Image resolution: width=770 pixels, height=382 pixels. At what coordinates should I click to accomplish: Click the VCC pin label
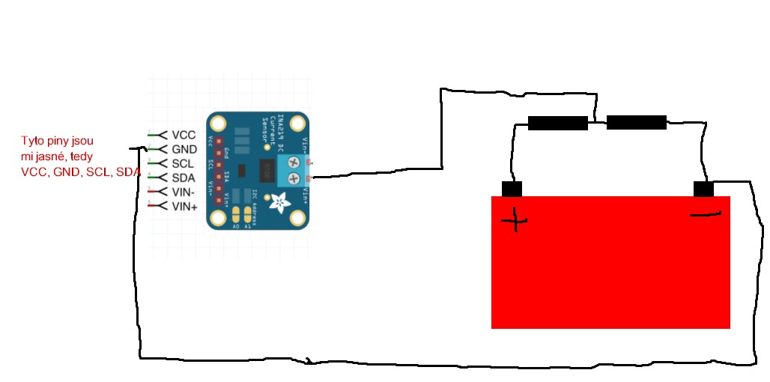point(184,135)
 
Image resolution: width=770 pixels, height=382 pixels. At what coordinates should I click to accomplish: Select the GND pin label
point(184,149)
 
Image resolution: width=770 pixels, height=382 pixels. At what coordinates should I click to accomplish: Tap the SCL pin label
point(184,163)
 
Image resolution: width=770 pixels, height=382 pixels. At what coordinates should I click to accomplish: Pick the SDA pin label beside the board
point(184,178)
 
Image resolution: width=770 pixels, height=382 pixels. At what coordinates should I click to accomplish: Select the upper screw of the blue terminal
point(294,163)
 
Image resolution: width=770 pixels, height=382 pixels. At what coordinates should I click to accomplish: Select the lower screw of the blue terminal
point(294,178)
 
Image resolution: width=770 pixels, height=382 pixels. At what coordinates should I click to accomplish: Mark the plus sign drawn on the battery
point(515,221)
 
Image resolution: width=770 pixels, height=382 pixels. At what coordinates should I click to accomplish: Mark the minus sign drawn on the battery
point(704,216)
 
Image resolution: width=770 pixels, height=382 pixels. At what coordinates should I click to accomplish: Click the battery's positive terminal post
point(512,189)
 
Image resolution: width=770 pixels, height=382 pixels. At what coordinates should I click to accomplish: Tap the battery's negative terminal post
point(703,189)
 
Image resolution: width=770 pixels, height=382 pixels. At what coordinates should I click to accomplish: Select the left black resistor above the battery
point(557,123)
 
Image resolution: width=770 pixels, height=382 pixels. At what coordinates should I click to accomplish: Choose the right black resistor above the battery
point(636,122)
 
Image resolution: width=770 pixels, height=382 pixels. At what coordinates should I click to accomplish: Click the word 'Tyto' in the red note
point(32,141)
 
